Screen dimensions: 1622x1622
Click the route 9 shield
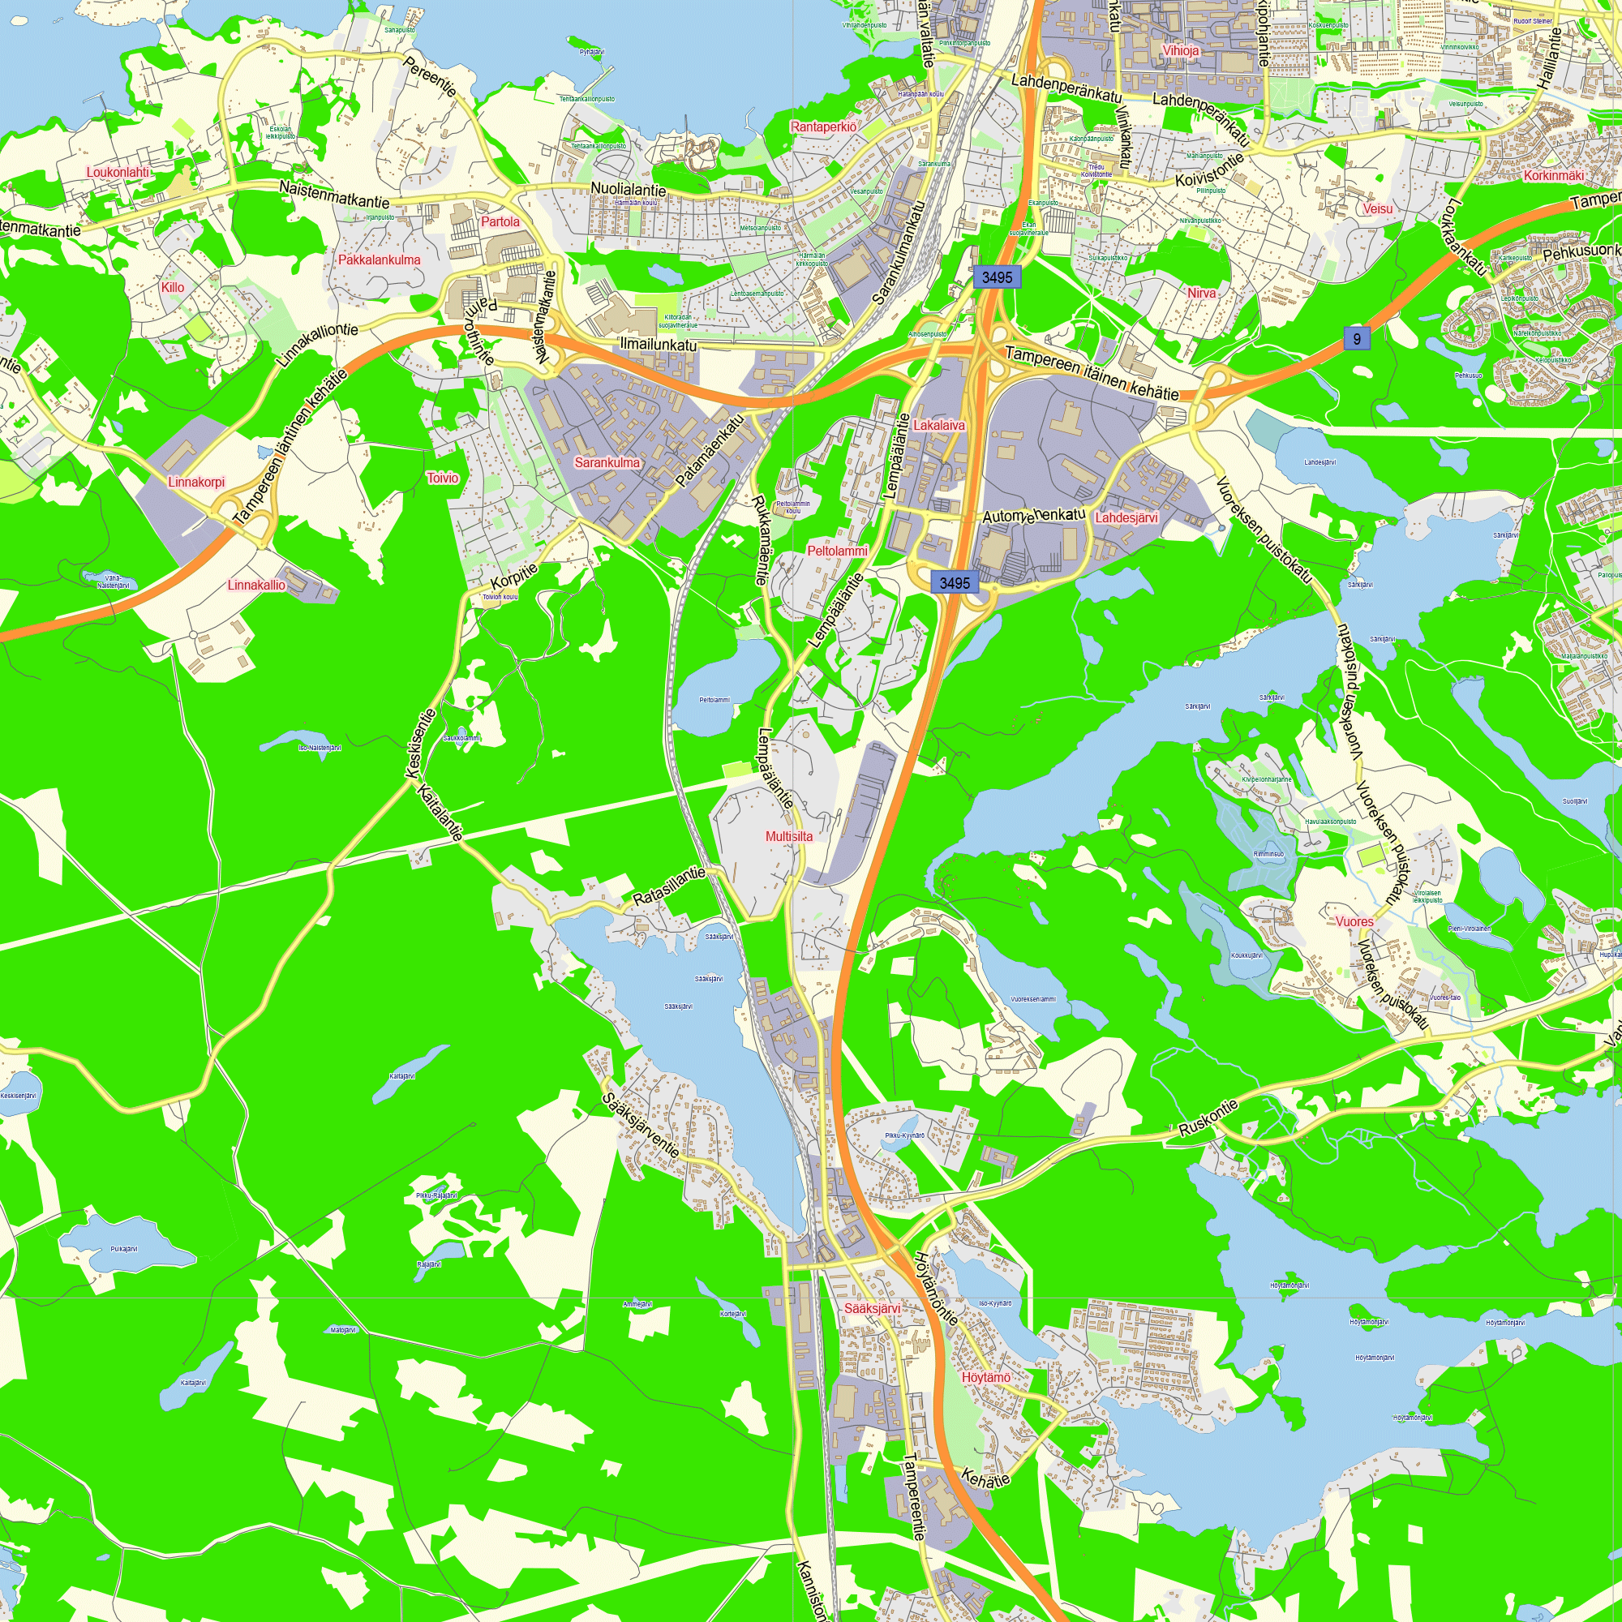[1357, 338]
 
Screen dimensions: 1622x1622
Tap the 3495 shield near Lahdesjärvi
[955, 582]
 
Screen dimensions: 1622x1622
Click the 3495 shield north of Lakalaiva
[998, 277]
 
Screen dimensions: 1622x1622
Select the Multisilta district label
[789, 836]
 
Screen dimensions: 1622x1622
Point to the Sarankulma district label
[607, 462]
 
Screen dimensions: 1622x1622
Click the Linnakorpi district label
[196, 482]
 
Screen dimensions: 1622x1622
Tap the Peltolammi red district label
[837, 551]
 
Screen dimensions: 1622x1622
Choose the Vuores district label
[1355, 922]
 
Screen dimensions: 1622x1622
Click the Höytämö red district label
[986, 1378]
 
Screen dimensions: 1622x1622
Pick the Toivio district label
[444, 478]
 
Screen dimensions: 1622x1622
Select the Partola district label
[500, 221]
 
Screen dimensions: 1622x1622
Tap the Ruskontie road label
[1208, 1119]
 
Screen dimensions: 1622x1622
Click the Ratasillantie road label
[669, 886]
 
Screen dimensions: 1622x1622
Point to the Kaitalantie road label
[440, 813]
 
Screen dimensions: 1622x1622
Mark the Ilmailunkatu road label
[659, 344]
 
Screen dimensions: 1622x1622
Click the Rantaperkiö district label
[824, 127]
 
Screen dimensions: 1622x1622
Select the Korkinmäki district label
[1554, 175]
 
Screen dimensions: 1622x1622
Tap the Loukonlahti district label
[118, 172]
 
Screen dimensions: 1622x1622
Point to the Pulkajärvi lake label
[124, 1249]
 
